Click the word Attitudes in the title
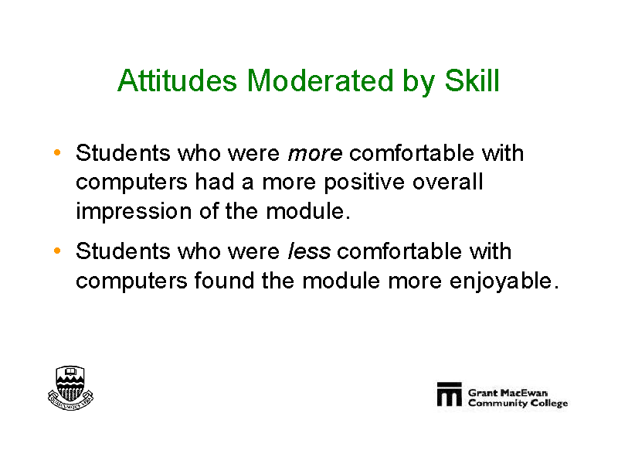(177, 80)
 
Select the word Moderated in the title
(320, 80)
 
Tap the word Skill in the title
(472, 80)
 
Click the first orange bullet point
(57, 152)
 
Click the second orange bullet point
(57, 251)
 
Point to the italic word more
(315, 154)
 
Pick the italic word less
(309, 251)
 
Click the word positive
(364, 183)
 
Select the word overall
(448, 182)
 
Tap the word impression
(133, 211)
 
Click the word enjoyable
(501, 281)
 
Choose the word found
(224, 280)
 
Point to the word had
(215, 182)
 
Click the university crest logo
(70, 388)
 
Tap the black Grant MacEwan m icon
(450, 394)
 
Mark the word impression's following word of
(209, 211)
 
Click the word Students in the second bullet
(123, 251)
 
